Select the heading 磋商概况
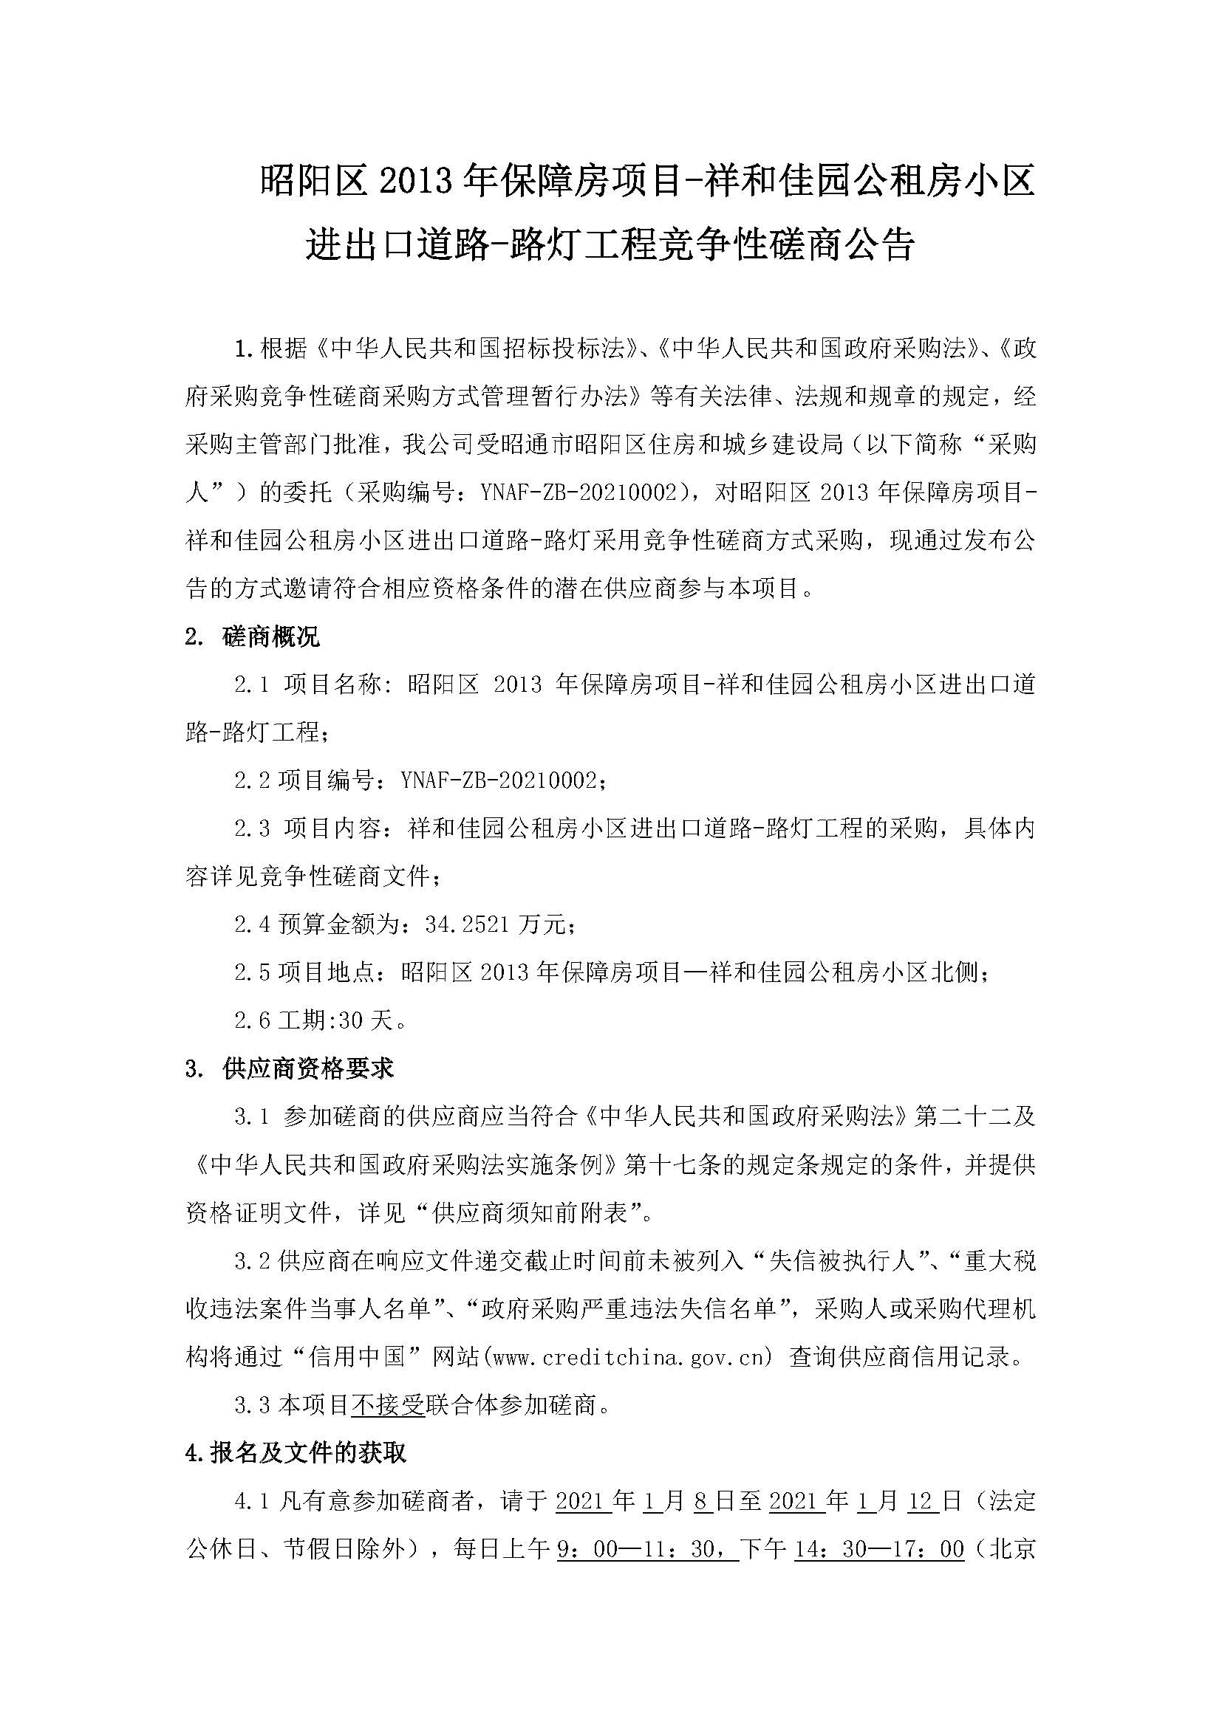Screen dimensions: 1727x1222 pyautogui.click(x=271, y=636)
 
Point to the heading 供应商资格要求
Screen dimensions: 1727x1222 pyautogui.click(x=308, y=1068)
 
